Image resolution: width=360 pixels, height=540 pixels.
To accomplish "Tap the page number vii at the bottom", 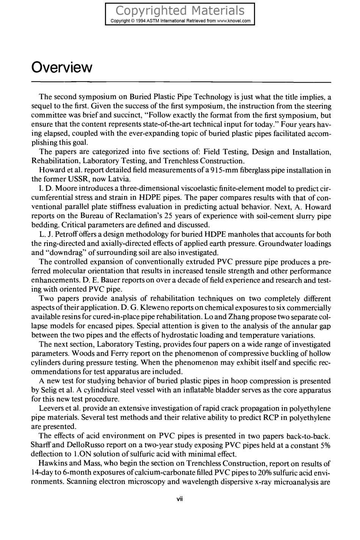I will [180, 499].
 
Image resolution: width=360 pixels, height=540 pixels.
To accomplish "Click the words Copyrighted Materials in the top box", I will [180, 10].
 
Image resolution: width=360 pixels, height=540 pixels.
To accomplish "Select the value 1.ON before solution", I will [86, 454].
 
